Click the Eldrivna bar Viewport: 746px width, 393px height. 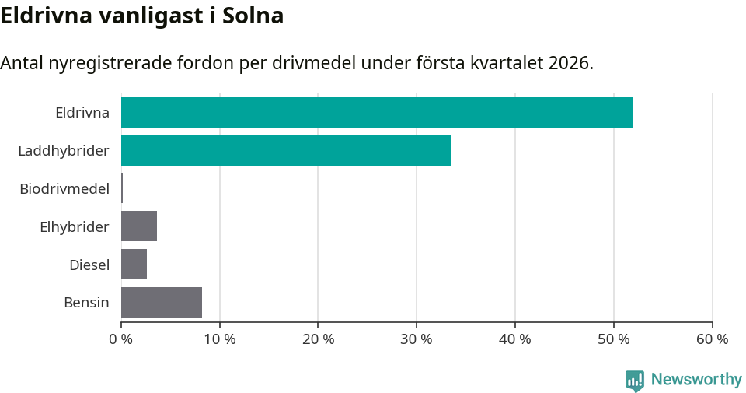point(377,112)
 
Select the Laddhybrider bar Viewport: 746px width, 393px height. point(286,150)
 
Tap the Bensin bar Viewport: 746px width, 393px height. point(162,302)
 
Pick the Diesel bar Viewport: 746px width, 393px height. point(134,264)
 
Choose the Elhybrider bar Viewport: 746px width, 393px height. point(139,226)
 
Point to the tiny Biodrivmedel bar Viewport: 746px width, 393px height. point(122,188)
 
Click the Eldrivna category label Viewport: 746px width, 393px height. point(82,112)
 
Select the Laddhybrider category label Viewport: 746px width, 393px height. point(64,150)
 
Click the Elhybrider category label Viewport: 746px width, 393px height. point(75,226)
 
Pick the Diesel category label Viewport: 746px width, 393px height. point(89,265)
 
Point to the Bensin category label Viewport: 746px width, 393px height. point(86,303)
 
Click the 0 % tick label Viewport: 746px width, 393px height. point(121,339)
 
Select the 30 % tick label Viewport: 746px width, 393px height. point(417,339)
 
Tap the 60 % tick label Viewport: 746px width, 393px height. point(712,339)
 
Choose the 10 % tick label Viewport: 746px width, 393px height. point(219,339)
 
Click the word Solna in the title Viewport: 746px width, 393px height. point(253,16)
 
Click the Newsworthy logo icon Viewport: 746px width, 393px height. point(635,380)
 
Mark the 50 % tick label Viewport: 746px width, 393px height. point(614,339)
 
